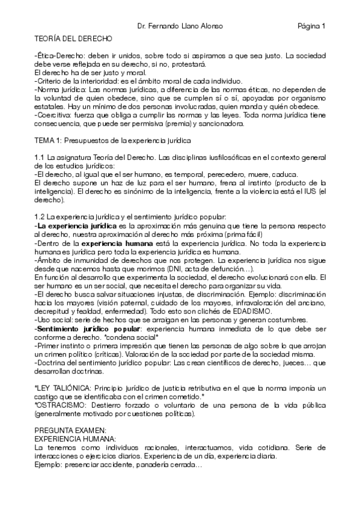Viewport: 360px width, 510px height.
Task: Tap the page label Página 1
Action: (x=311, y=26)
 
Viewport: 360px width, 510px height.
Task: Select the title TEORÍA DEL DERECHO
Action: (x=73, y=38)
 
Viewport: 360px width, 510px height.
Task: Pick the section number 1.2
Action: (x=40, y=216)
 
